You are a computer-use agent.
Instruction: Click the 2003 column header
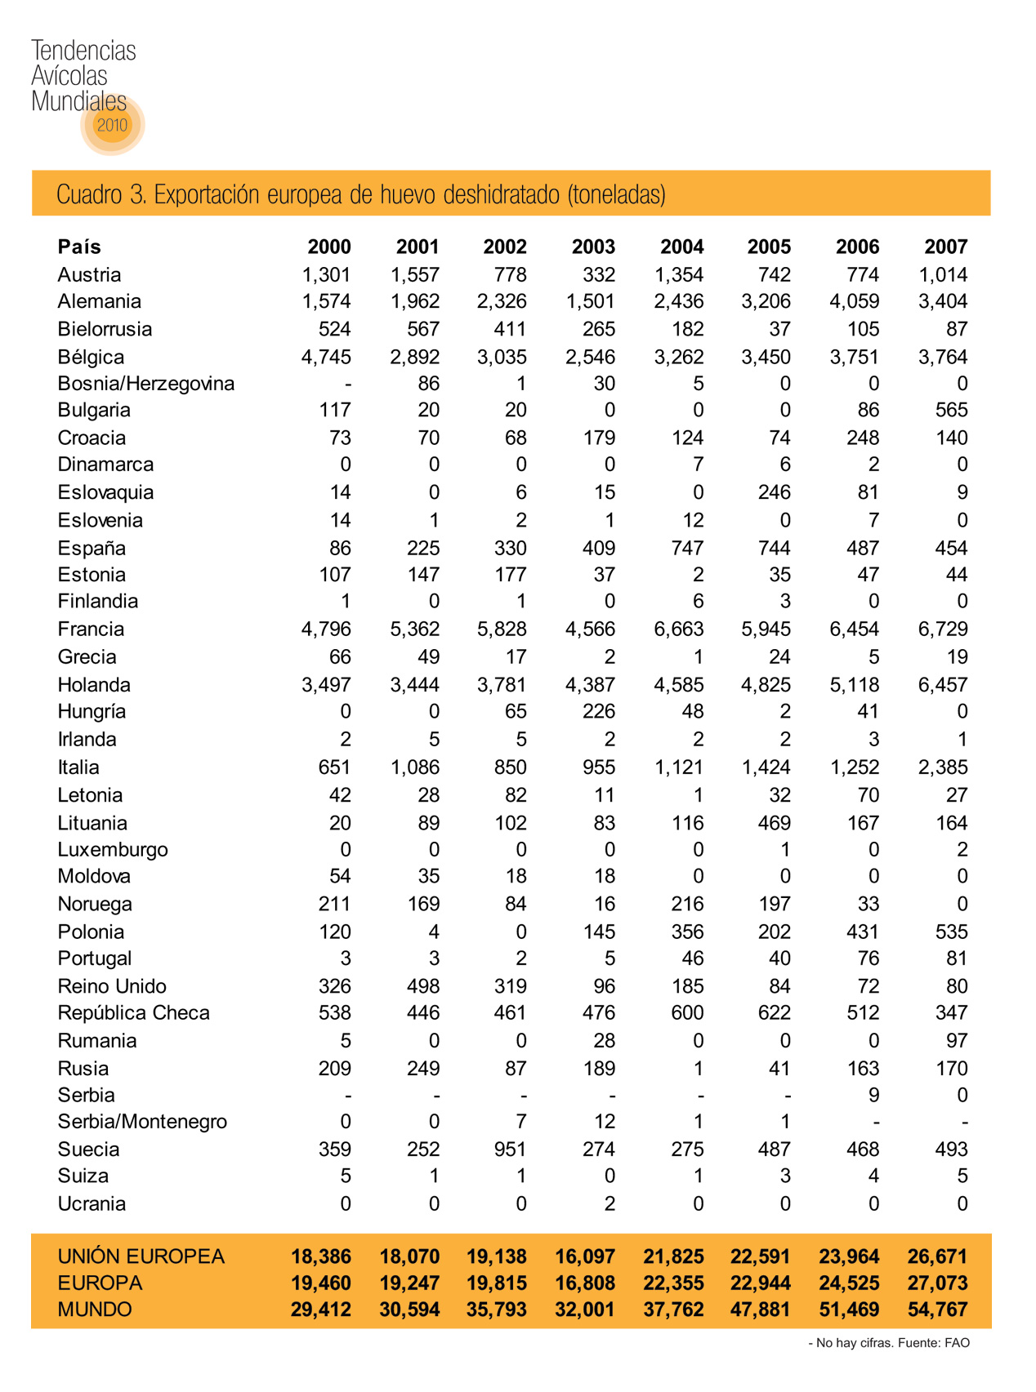click(593, 247)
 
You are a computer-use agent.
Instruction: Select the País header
click(79, 247)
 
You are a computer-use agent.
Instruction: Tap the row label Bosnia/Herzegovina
click(145, 384)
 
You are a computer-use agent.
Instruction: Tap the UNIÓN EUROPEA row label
click(141, 1256)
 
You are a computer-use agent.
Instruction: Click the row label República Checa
click(133, 1013)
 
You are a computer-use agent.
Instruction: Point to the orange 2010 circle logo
click(113, 125)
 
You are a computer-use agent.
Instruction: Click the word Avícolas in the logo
click(69, 76)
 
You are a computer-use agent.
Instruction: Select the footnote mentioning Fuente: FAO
click(889, 1343)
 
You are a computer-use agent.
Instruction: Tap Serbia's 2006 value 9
click(873, 1096)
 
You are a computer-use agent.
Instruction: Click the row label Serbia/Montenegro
click(142, 1122)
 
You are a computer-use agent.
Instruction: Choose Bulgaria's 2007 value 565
click(951, 410)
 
